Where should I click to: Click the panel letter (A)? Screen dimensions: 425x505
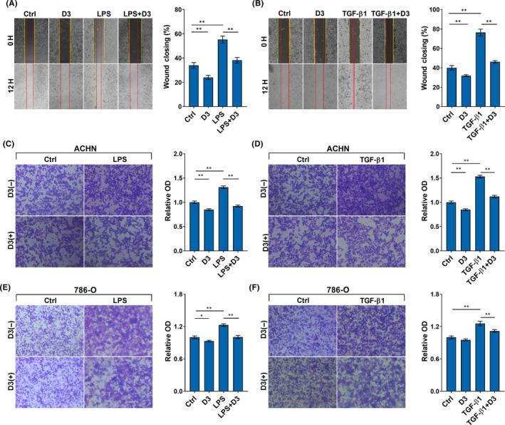point(10,5)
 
